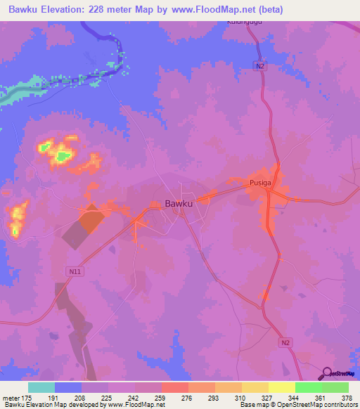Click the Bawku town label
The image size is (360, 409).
pos(179,204)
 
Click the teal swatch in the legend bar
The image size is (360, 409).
pos(41,388)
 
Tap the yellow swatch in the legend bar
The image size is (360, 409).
pos(281,388)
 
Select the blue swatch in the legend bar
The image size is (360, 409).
pos(68,388)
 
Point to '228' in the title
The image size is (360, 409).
pos(114,8)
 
